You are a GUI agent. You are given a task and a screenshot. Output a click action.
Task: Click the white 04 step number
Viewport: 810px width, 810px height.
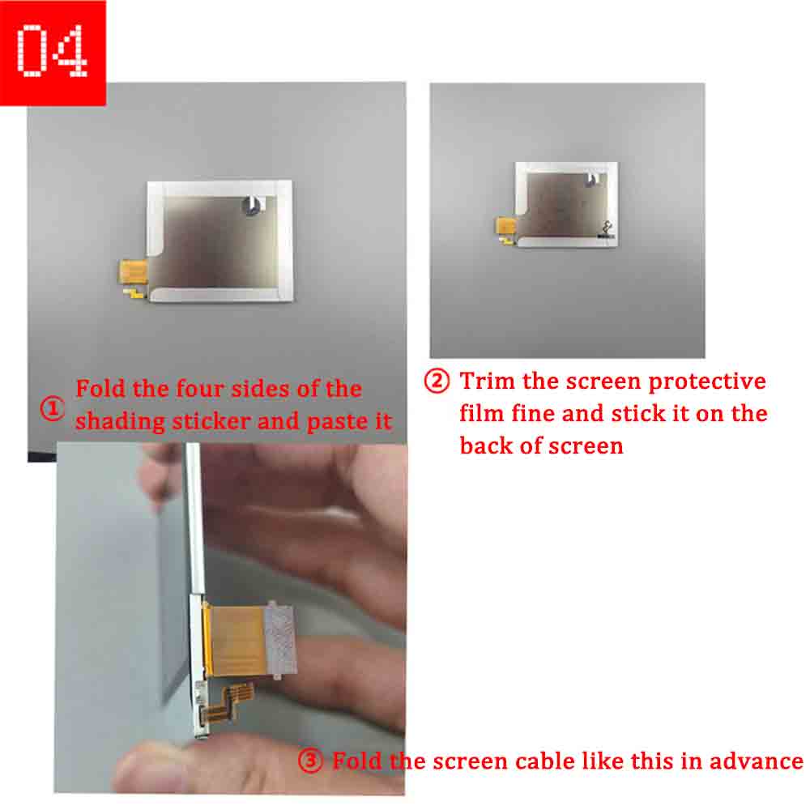52,50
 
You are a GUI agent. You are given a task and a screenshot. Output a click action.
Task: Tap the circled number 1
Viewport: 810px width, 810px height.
52,408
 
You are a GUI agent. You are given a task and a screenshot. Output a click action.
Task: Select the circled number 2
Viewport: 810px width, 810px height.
437,382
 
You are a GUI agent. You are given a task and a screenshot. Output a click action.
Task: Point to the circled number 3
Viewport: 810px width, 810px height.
310,761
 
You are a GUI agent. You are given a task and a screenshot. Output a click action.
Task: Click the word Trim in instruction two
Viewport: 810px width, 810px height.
487,382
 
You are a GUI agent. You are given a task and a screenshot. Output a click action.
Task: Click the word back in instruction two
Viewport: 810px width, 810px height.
486,446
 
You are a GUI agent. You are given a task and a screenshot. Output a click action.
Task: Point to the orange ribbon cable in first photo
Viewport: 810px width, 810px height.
134,271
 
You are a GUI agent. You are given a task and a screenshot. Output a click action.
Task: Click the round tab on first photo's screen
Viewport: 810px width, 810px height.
252,205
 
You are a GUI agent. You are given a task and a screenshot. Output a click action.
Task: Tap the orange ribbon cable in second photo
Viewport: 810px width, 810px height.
506,227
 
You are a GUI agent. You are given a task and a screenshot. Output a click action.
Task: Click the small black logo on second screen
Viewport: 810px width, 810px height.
607,229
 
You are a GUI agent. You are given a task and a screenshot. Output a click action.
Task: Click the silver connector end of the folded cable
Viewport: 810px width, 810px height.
280,641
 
